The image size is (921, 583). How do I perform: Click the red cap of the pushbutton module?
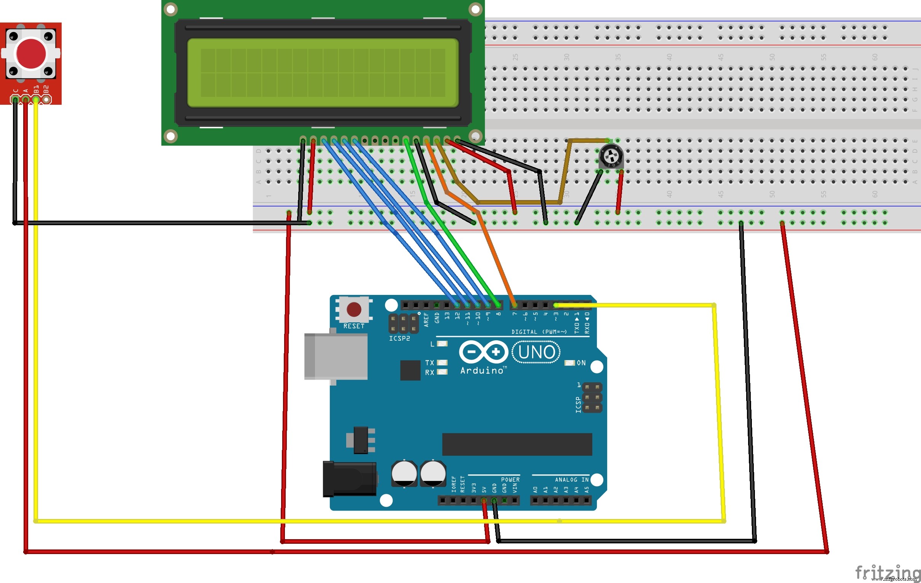[31, 54]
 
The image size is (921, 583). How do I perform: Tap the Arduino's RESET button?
[354, 309]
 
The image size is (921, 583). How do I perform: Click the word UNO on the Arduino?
[536, 352]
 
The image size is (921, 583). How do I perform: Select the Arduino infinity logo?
[483, 352]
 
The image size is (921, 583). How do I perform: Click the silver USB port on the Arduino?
[336, 357]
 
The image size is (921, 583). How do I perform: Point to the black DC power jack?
[349, 479]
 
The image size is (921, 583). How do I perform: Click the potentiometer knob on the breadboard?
[611, 156]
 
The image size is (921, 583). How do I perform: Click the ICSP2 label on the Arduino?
[399, 338]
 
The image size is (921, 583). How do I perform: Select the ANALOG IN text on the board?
[571, 480]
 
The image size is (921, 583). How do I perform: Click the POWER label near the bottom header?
[510, 480]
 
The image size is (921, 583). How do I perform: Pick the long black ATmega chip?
[517, 444]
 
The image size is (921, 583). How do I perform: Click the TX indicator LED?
[442, 362]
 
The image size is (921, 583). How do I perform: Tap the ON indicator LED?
[569, 363]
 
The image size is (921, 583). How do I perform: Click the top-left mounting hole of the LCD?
[171, 9]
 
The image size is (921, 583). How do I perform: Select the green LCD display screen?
[323, 73]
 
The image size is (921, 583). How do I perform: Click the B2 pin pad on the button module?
[46, 100]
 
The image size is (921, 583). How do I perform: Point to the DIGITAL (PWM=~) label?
[539, 332]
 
